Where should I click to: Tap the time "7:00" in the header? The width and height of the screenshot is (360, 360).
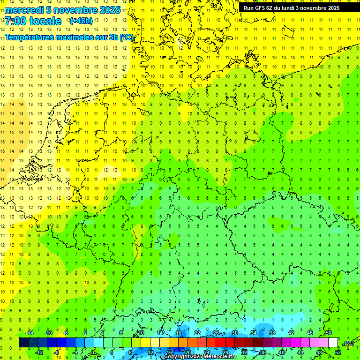(15, 21)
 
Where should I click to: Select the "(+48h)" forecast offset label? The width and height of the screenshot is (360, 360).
(81, 21)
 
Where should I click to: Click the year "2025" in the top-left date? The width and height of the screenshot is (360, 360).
(110, 10)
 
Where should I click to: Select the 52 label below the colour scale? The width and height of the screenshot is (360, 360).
(337, 352)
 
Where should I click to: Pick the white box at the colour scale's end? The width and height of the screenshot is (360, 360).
(333, 343)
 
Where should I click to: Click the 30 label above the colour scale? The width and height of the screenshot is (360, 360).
(234, 333)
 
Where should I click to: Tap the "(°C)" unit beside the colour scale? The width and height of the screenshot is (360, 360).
(348, 344)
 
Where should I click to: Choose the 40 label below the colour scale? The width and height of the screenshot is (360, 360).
(281, 352)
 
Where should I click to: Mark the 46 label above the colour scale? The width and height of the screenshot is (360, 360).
(309, 333)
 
